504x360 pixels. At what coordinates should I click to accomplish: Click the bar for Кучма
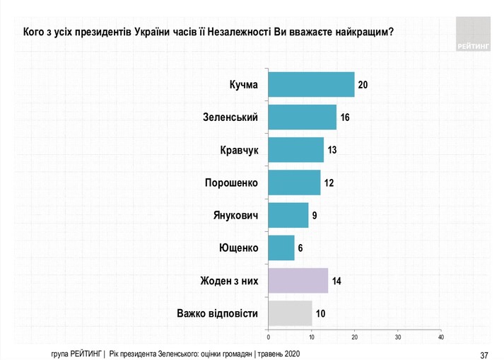(x=311, y=85)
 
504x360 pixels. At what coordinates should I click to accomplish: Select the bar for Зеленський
(x=303, y=117)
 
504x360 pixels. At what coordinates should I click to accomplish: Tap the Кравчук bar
(x=296, y=150)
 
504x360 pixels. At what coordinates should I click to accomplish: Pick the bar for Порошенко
(x=294, y=182)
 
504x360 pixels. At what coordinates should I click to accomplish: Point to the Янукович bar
(x=288, y=215)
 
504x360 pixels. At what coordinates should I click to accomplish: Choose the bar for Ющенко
(x=281, y=248)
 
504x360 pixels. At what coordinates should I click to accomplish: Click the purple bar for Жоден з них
(x=298, y=281)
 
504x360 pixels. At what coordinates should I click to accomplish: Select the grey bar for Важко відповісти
(x=290, y=313)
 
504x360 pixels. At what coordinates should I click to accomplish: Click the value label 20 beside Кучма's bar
(x=364, y=85)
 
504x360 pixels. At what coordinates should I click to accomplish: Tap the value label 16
(x=346, y=117)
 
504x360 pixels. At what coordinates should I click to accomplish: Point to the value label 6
(x=300, y=248)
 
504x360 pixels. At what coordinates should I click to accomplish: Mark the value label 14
(x=337, y=281)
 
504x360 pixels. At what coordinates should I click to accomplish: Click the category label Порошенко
(x=231, y=182)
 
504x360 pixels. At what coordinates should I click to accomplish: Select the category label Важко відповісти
(x=217, y=313)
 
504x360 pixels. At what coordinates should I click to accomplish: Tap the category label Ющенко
(x=239, y=248)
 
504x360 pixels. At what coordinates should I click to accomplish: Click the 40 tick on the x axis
(x=441, y=336)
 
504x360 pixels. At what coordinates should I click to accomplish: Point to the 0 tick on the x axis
(x=268, y=336)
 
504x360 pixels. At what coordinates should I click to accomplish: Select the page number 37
(x=484, y=354)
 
